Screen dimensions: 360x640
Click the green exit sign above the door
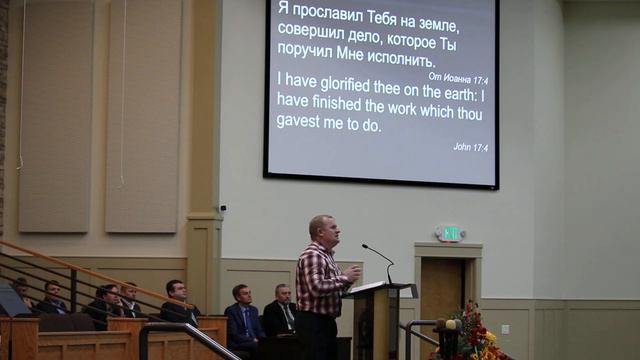(x=450, y=233)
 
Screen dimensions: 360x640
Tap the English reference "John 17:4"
(x=470, y=146)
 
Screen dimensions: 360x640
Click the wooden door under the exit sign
(x=443, y=295)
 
